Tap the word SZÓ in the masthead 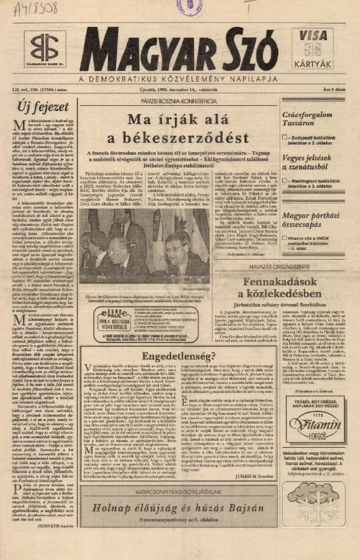pos(248,51)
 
